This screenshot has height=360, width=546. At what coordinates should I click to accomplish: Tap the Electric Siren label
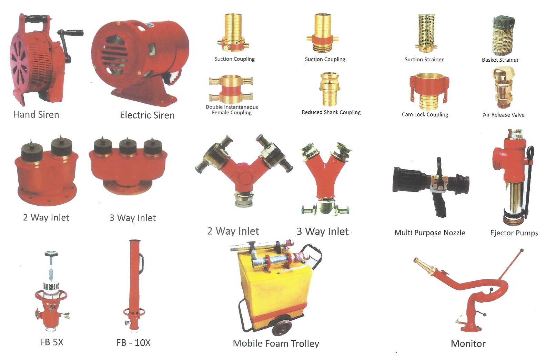tap(147, 115)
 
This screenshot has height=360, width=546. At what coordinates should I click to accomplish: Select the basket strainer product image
tap(504, 35)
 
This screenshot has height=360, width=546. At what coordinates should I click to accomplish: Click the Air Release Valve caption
tap(504, 115)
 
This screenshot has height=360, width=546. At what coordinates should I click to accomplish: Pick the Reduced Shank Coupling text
tap(331, 112)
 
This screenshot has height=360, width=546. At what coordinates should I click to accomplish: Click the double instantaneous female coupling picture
tap(231, 89)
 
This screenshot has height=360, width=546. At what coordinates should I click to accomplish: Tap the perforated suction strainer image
tap(426, 33)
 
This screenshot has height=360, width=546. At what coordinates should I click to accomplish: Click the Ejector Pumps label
tap(514, 233)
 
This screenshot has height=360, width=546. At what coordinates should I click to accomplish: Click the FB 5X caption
tap(52, 342)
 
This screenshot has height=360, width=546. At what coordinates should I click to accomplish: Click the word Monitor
tap(468, 344)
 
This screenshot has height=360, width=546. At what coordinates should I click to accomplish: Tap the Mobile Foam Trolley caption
tap(276, 343)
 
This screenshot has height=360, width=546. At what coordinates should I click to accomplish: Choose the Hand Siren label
tap(36, 114)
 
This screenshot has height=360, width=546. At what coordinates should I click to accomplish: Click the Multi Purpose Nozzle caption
tap(430, 233)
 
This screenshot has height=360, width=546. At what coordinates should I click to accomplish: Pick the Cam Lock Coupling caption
tap(425, 114)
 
